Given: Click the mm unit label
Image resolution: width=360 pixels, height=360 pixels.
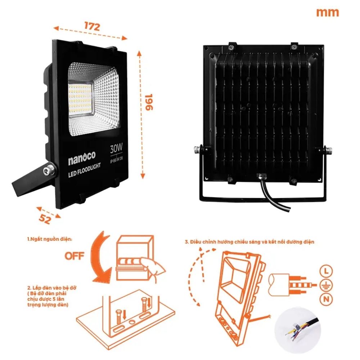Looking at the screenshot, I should (327, 13).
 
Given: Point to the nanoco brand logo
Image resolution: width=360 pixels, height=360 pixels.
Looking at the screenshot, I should (81, 161).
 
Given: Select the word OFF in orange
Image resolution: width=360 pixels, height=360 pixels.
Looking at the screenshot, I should (75, 256).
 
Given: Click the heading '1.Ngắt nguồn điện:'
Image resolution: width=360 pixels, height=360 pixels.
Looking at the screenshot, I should (50, 239).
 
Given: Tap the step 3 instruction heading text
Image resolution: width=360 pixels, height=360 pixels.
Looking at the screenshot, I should (248, 242).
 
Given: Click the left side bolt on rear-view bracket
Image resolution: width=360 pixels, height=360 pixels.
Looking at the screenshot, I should (198, 149).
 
